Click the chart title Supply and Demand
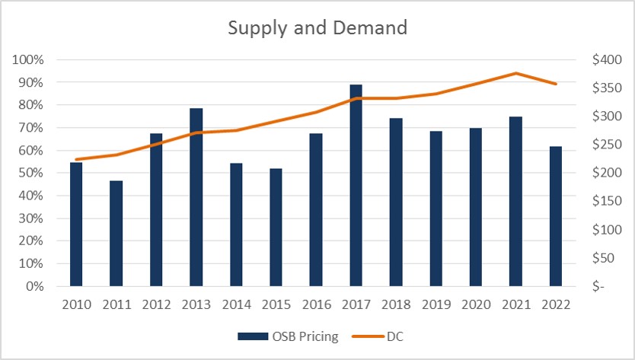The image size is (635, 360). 317,28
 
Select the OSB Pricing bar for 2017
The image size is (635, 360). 356,186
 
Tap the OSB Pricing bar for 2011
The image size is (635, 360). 116,234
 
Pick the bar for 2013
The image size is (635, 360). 196,198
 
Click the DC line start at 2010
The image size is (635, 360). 77,160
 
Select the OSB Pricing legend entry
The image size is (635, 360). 288,336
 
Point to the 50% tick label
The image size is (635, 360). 31,174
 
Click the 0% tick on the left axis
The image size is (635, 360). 34,287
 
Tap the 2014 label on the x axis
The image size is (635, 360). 236,304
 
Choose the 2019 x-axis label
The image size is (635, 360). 436,304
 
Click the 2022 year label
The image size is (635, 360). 556,304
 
